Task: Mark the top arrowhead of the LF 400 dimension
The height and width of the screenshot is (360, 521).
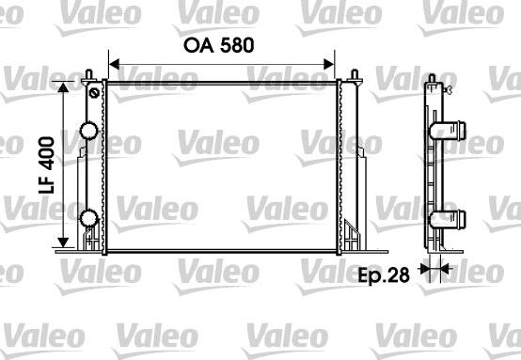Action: pyautogui.click(x=65, y=87)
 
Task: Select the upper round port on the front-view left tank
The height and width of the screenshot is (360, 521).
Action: pyautogui.click(x=89, y=132)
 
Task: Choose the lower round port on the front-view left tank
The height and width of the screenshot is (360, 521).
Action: pyautogui.click(x=89, y=220)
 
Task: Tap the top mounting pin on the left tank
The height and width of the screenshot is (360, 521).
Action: pyautogui.click(x=87, y=74)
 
